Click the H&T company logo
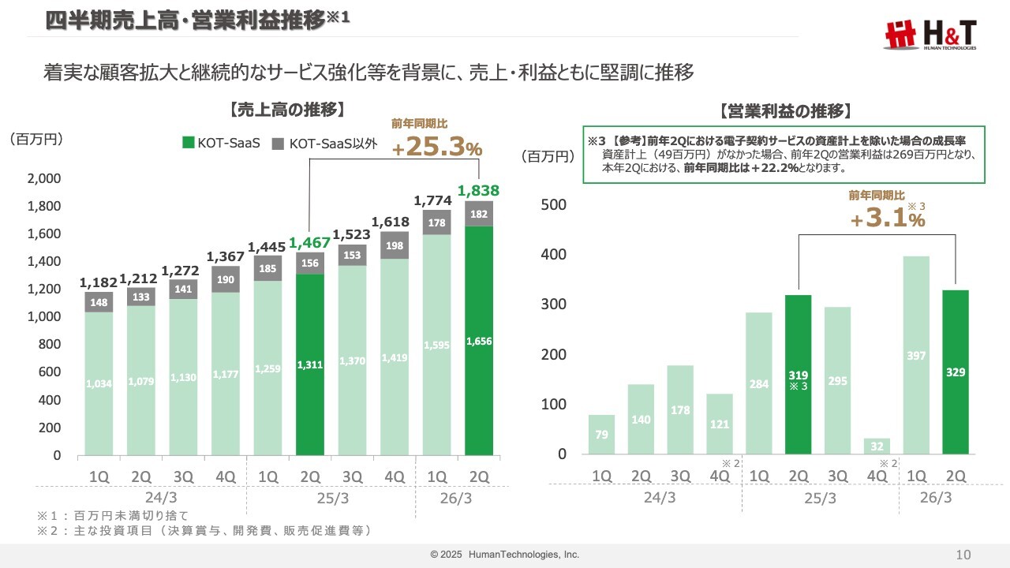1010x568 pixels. click(930, 35)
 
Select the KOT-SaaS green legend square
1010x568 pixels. click(188, 143)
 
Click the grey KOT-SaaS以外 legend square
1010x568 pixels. click(278, 143)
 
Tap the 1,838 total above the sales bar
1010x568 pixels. click(479, 190)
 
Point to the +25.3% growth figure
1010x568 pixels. click(437, 147)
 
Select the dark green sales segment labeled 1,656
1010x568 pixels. click(479, 340)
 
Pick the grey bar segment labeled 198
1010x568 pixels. click(395, 245)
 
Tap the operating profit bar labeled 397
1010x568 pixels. click(916, 355)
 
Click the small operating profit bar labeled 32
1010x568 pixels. click(877, 446)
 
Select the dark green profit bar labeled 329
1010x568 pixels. click(956, 372)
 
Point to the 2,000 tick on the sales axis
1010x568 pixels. click(44, 179)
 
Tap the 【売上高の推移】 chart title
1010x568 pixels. click(288, 110)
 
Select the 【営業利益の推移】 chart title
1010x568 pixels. click(784, 110)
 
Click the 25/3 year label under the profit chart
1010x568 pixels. click(818, 498)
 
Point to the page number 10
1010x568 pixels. click(963, 555)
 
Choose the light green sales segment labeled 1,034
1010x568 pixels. click(99, 383)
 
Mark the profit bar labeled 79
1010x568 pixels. click(601, 435)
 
